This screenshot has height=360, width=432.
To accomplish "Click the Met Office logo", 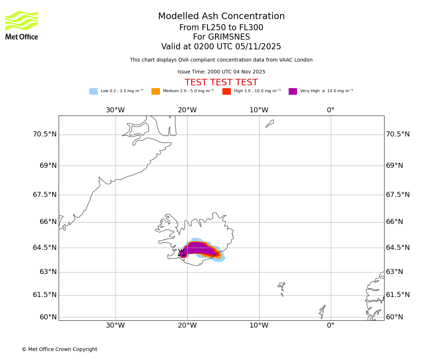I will (22, 25).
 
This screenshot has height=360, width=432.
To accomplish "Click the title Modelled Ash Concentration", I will (221, 17).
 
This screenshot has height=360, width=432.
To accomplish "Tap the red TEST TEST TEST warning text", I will (221, 82).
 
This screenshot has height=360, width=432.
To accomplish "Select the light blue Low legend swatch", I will (93, 91).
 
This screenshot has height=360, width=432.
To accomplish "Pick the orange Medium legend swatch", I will (156, 91).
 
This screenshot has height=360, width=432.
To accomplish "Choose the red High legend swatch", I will (226, 91).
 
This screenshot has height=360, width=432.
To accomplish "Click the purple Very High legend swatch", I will (293, 91).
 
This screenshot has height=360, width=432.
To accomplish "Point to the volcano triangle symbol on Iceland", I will (181, 253).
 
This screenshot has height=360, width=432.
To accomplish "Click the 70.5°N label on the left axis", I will (45, 134).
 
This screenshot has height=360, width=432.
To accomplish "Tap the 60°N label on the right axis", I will (395, 317).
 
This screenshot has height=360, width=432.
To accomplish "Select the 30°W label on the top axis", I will (115, 110).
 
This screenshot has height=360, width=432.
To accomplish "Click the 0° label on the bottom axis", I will (330, 325).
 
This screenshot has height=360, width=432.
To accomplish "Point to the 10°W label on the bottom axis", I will (259, 325).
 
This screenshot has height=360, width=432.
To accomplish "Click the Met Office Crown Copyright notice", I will (59, 350).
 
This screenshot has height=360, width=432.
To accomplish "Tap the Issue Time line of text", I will (221, 72).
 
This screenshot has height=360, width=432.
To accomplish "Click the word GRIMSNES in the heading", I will (221, 37).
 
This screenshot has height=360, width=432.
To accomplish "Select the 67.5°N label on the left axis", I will (45, 195).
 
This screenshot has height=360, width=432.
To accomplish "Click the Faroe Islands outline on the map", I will (282, 288).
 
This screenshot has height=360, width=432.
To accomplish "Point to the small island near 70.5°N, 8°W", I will (270, 123).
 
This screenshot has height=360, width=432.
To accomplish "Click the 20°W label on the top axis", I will (187, 110).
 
